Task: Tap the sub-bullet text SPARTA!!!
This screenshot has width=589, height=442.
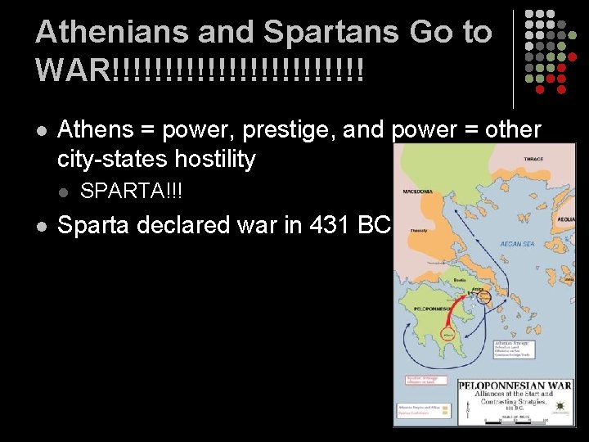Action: pos(132,192)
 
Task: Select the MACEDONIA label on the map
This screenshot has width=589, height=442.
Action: pos(418,192)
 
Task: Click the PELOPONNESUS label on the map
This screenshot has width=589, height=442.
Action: pos(430,308)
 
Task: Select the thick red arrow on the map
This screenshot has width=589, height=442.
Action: pos(463,315)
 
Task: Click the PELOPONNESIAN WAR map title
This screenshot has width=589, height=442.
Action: pos(514,385)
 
